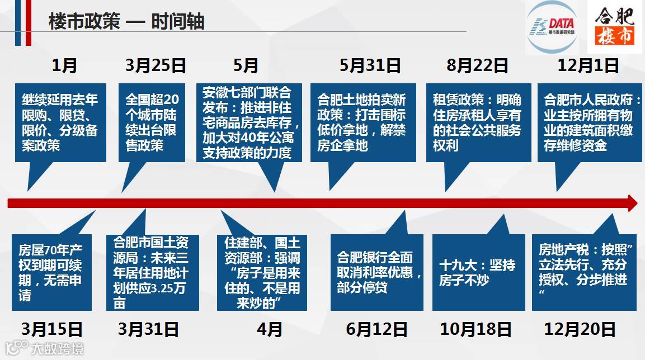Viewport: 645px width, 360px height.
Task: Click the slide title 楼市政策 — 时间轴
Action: [126, 22]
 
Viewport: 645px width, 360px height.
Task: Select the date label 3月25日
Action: [156, 66]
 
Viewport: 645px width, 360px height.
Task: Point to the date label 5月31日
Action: [370, 66]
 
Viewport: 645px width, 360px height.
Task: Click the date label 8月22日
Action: [477, 66]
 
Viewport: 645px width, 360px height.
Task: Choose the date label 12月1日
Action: [588, 66]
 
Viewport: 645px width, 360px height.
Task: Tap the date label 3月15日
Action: [52, 329]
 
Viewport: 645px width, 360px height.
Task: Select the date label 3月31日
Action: [148, 329]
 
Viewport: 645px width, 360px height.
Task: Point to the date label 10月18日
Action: [475, 329]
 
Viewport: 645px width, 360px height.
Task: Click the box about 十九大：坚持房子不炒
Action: [478, 273]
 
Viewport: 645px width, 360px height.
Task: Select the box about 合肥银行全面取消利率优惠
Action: [376, 273]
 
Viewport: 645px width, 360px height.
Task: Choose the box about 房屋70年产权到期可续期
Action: [51, 273]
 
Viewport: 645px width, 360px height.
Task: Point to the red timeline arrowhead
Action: [633, 203]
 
